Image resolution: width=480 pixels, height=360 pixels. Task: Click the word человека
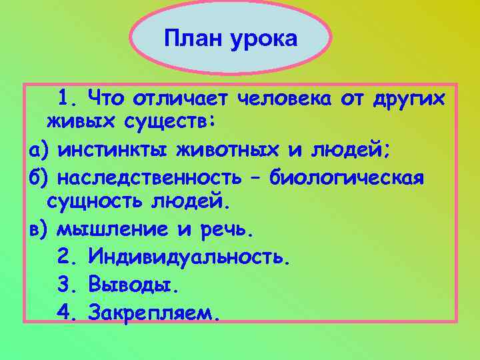[285, 100]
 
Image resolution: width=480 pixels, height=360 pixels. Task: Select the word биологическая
[347, 179]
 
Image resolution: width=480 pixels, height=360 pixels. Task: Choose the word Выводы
[133, 285]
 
